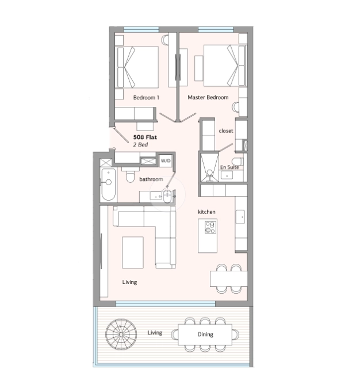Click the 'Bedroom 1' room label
[146, 98]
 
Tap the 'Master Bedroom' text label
[208, 98]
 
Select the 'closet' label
[226, 131]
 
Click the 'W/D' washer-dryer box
[166, 160]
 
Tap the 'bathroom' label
[151, 179]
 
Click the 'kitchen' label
[206, 212]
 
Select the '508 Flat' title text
[145, 138]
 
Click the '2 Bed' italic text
[140, 145]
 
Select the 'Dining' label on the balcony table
[205, 335]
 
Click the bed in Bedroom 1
[137, 67]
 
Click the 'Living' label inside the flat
[129, 282]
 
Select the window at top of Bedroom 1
[141, 29]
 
